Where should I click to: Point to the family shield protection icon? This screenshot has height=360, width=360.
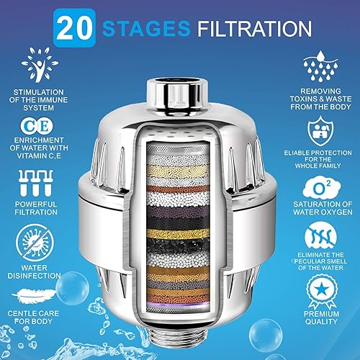pos(319,132)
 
